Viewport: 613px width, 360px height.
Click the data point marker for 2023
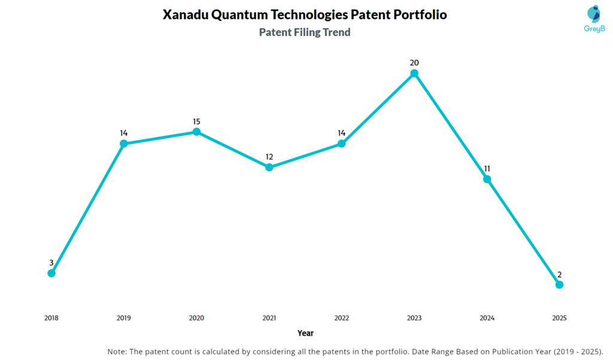[414, 73]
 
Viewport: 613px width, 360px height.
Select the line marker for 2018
[51, 273]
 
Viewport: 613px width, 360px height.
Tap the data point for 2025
[559, 285]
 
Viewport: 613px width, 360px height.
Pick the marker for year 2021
[269, 167]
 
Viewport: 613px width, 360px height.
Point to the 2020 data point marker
[196, 132]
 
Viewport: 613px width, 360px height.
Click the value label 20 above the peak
[414, 62]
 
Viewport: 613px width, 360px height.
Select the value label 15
[196, 122]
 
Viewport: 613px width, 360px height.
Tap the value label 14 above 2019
[124, 133]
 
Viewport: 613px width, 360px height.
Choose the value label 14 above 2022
[341, 133]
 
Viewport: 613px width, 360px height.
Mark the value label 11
[487, 168]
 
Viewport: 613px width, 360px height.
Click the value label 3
[51, 262]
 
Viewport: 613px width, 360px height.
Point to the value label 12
[269, 157]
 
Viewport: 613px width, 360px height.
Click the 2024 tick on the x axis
[487, 318]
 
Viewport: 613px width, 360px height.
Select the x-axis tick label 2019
[124, 318]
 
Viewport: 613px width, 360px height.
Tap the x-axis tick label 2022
[341, 318]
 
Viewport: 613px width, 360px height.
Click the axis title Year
[305, 333]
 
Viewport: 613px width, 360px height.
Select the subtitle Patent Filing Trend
[305, 32]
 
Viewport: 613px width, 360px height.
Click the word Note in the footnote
[117, 351]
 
